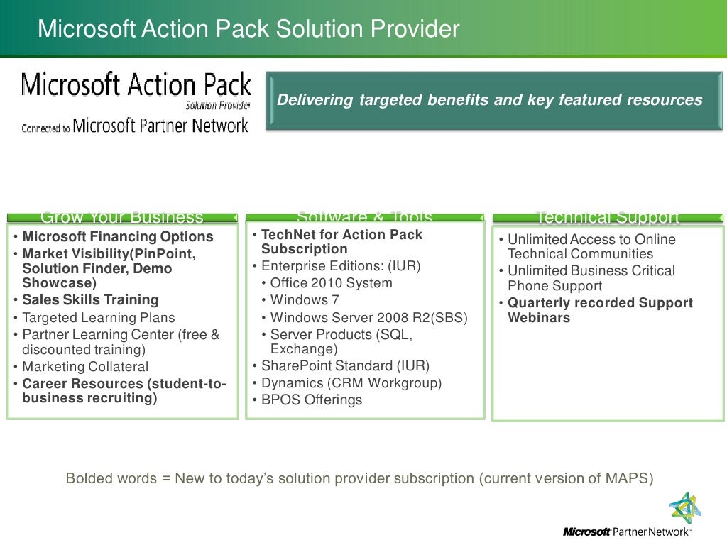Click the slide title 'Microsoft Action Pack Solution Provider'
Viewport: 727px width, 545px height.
tap(248, 29)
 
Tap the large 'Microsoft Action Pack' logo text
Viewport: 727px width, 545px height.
tap(136, 86)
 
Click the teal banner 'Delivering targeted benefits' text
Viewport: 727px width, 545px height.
tap(489, 100)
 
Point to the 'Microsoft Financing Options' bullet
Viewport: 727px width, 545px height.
tap(118, 237)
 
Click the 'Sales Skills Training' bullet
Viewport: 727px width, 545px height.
tap(90, 300)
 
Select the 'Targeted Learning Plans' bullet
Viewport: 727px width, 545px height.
tap(98, 318)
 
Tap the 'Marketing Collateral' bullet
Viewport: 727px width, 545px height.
tap(85, 367)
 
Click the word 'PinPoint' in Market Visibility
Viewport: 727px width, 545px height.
tap(168, 254)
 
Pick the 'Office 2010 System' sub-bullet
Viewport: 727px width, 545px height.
tap(331, 283)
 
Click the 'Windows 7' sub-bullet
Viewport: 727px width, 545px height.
tap(305, 300)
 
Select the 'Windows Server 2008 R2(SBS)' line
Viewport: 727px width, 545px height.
tap(368, 318)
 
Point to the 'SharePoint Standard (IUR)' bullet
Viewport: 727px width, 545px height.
tap(345, 366)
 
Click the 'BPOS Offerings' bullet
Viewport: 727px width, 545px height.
tap(311, 400)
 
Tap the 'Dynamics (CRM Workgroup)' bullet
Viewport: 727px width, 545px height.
tap(351, 383)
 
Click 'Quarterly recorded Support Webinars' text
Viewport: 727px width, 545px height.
tap(599, 310)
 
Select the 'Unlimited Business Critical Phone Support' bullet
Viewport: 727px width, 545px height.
tap(591, 278)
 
